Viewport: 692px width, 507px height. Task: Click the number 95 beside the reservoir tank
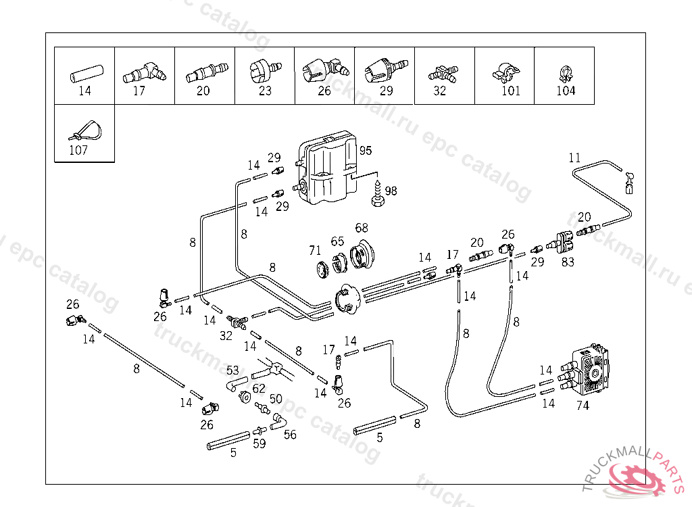(366, 150)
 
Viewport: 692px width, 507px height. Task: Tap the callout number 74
(583, 406)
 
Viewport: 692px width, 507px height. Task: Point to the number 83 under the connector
(568, 262)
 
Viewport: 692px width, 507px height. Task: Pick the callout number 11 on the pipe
(574, 158)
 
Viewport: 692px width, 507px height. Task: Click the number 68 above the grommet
(362, 227)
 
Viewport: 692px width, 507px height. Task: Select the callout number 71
(316, 251)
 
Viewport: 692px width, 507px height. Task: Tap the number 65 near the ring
(337, 241)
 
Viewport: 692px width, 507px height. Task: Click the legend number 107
(78, 150)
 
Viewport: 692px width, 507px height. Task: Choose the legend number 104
(566, 91)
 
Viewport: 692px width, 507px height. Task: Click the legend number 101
(511, 91)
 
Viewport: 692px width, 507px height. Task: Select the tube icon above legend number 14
(84, 72)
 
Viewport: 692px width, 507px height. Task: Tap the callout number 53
(232, 370)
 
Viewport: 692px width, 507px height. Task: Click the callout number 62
(259, 389)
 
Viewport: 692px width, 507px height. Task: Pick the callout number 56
(290, 435)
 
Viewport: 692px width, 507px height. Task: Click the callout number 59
(259, 444)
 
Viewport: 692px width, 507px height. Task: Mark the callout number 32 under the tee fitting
(227, 334)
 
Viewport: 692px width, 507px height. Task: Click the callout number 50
(276, 399)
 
